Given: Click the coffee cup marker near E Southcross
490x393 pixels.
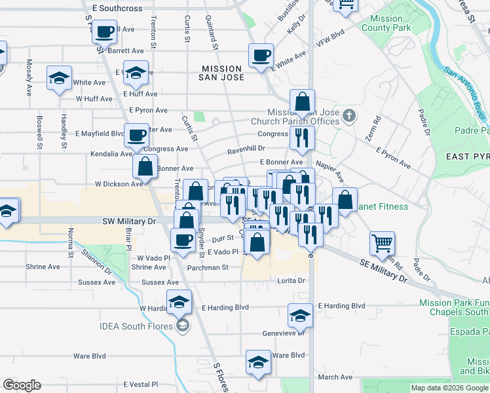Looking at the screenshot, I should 105,31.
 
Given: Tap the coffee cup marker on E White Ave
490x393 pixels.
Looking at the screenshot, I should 261,55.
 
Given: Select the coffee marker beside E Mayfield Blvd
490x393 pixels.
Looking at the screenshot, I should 136,136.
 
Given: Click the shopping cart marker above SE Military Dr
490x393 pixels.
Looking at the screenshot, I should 382,244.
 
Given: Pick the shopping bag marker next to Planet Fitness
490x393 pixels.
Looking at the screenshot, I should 345,199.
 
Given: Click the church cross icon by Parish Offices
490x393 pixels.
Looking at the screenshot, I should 349,117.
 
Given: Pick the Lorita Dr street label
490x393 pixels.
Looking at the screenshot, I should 292,280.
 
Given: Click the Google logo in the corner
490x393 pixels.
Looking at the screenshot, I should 22,385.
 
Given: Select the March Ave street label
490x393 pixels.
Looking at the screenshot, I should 335,377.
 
